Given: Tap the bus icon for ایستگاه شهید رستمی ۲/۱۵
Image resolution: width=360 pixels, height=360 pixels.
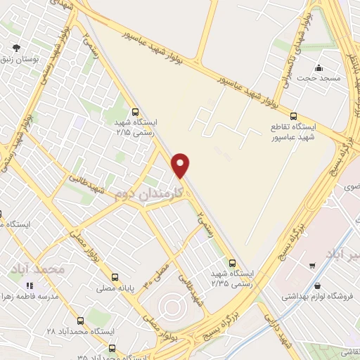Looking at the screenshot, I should pyautogui.click(x=136, y=111).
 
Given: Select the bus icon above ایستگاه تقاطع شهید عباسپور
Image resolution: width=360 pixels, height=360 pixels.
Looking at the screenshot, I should pyautogui.click(x=294, y=116).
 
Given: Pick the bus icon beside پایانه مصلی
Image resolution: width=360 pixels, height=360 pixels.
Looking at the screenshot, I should pyautogui.click(x=115, y=276).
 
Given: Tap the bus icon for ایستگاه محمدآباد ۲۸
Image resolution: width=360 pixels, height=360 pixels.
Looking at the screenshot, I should pyautogui.click(x=79, y=320).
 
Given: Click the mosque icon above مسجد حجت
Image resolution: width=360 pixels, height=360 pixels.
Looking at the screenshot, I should pyautogui.click(x=319, y=68).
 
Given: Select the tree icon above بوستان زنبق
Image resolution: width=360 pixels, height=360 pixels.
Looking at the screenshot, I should pyautogui.click(x=16, y=49).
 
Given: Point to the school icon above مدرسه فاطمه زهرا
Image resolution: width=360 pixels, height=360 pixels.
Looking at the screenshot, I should pyautogui.click(x=30, y=285).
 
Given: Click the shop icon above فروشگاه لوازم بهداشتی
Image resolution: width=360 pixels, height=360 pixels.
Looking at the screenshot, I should pyautogui.click(x=319, y=286).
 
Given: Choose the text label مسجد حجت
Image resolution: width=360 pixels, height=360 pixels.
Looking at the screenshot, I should pyautogui.click(x=328, y=79).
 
